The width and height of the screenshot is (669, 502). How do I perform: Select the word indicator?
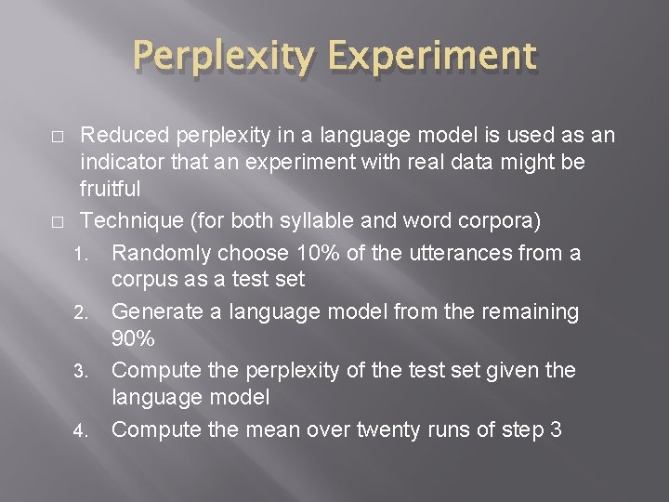pos(119,163)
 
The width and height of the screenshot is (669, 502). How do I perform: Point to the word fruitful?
pos(111,190)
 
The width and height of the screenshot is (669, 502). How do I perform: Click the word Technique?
pos(129,222)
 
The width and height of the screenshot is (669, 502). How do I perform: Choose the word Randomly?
pos(157,253)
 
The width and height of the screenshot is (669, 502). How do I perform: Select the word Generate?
pos(157,311)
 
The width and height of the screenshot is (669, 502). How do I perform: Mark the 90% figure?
pos(134,338)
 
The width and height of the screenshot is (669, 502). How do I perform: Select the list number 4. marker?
pos(82,431)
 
